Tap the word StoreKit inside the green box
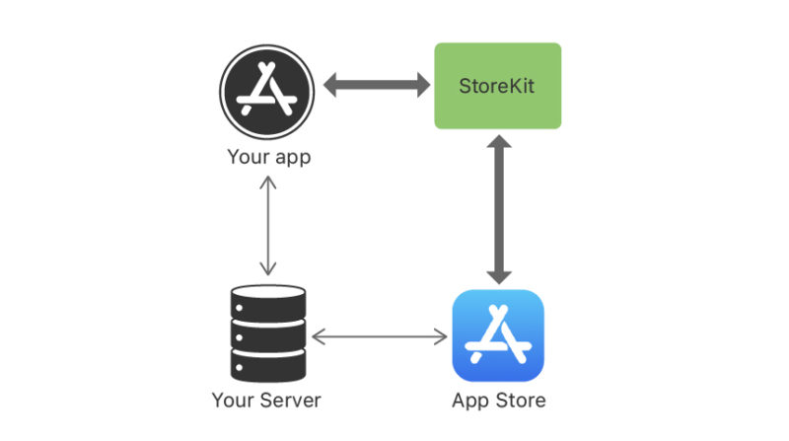[x=498, y=85]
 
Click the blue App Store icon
[x=498, y=334]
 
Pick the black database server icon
[x=267, y=334]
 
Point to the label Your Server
[x=266, y=401]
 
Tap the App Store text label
[x=498, y=401]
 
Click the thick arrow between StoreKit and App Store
[x=499, y=209]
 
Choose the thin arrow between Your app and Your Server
[x=267, y=226]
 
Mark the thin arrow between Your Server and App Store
[x=380, y=336]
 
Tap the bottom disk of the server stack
[x=267, y=369]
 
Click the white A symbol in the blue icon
[x=498, y=334]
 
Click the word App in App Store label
[x=469, y=402]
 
